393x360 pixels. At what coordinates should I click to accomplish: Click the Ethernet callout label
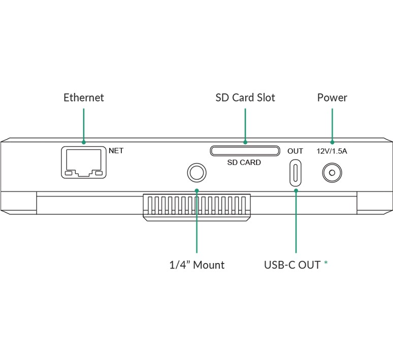coord(83,97)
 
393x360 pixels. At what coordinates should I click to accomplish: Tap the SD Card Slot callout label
coord(245,97)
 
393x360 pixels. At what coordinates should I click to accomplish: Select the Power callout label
coord(332,97)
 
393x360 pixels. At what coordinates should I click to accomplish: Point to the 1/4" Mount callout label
coord(196,265)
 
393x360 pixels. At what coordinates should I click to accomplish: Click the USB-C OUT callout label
coord(292,265)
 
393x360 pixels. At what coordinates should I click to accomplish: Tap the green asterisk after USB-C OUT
coord(325,264)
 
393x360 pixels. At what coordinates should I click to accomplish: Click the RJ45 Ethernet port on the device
coord(84,162)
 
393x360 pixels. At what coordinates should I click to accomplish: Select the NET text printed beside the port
coord(116,151)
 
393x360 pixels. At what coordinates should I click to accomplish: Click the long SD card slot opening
coord(245,151)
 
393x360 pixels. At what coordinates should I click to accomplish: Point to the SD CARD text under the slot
coord(244,162)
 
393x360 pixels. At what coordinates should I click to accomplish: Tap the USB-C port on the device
coord(296,173)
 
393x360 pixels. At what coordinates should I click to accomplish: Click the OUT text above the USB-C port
coord(295,151)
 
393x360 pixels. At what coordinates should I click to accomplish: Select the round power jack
coord(332,173)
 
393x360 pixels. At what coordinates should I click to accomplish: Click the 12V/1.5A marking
coord(332,151)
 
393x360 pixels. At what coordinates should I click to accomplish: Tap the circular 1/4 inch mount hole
coord(196,173)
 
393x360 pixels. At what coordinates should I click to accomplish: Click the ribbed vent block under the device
coord(196,206)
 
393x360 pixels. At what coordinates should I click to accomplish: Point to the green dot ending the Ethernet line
coord(83,142)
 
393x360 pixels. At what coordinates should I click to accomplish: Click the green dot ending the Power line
coord(332,142)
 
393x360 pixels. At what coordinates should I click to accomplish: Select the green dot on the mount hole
coord(196,191)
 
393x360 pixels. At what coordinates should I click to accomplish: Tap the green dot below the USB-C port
coord(296,191)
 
